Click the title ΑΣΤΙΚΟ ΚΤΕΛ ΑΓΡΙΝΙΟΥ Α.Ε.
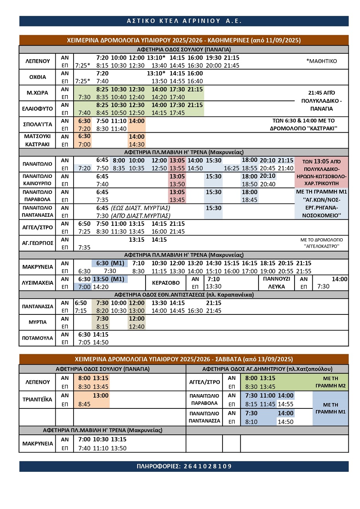[184, 21]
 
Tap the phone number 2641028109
[184, 466]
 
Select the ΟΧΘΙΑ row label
[38, 77]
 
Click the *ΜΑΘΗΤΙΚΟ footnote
[321, 61]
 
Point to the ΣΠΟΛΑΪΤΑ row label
[38, 125]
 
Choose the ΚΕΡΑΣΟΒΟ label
[166, 283]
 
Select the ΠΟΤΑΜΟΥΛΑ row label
[38, 338]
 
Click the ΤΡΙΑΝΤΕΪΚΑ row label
[38, 400]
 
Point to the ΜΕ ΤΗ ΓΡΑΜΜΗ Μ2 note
[330, 382]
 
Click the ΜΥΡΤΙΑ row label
[38, 322]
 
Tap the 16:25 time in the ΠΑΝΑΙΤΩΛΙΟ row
[231, 168]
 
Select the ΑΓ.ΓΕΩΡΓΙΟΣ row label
[38, 243]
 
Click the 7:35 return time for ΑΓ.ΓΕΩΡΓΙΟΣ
[84, 248]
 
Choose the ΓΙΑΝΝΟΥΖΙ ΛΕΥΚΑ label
[276, 283]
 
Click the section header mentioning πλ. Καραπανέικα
[184, 295]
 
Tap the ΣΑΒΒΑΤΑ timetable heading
[184, 359]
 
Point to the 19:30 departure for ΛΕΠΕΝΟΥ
[214, 58]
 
